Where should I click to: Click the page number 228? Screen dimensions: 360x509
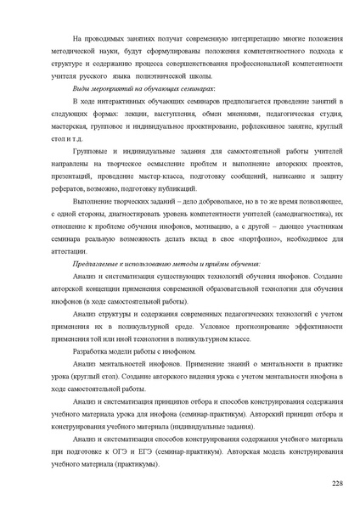click(x=337, y=483)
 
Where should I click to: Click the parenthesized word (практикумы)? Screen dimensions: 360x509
click(x=131, y=465)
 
